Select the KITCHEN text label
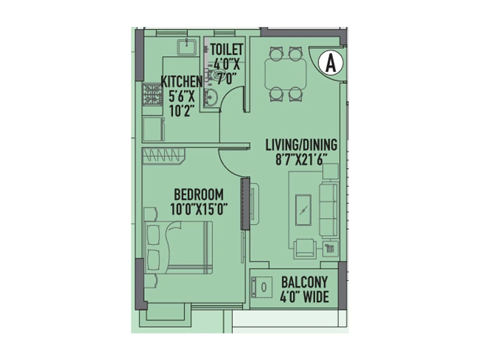click(x=182, y=82)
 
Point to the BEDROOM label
click(x=199, y=194)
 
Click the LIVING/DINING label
click(x=301, y=145)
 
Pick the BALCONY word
click(x=304, y=282)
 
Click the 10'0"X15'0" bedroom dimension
click(x=199, y=209)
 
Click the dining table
click(x=286, y=74)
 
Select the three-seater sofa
click(x=328, y=210)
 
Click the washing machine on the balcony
click(x=262, y=287)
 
